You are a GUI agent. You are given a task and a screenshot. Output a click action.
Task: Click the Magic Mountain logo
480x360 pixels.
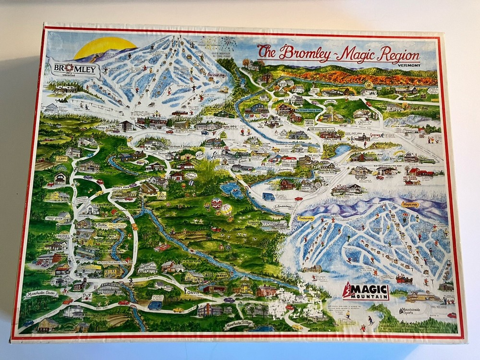(x=366, y=291)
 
